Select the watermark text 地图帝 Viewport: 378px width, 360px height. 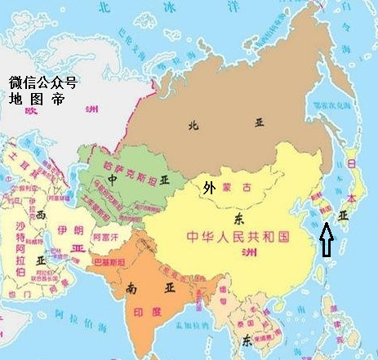click(x=35, y=100)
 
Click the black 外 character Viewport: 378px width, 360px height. click(x=210, y=188)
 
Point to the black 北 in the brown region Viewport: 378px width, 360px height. click(x=193, y=125)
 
